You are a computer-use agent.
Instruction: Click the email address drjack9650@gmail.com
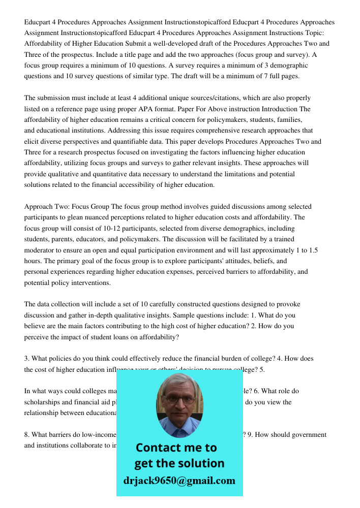pyautogui.click(x=179, y=481)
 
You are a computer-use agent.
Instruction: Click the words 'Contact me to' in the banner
pyautogui.click(x=176, y=448)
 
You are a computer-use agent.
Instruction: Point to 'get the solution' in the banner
pyautogui.click(x=179, y=463)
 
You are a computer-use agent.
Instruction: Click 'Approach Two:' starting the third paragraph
pyautogui.click(x=47, y=207)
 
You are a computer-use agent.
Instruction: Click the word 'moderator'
pyautogui.click(x=41, y=250)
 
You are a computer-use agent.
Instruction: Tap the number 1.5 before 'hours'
pyautogui.click(x=313, y=250)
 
